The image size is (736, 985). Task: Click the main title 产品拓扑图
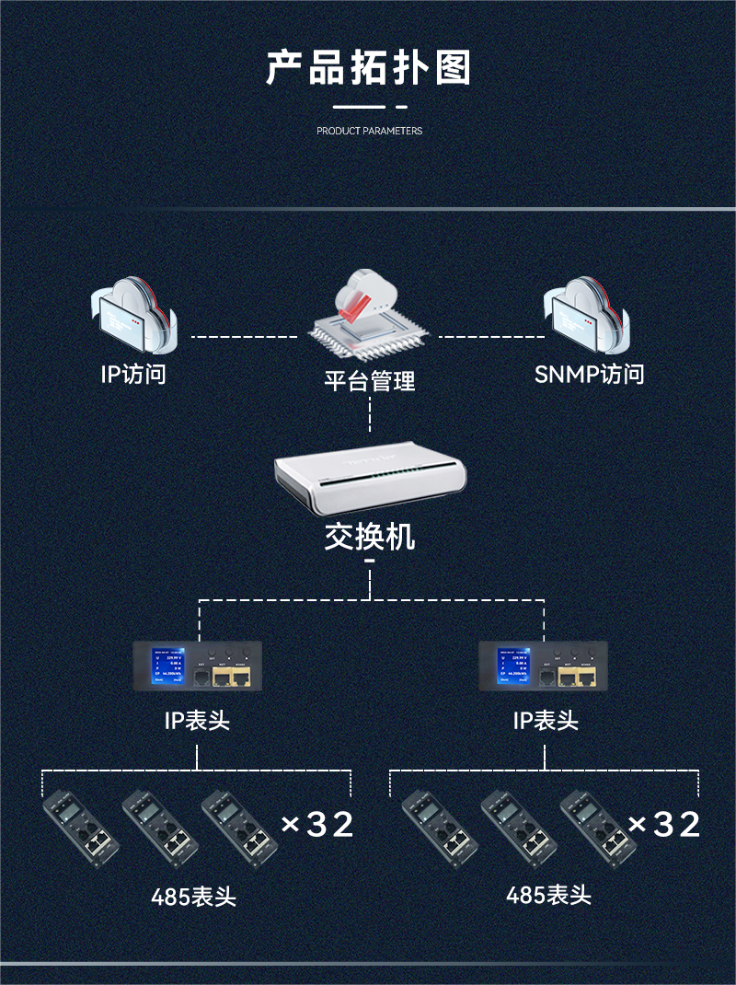368,69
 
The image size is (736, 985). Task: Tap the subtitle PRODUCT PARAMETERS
369,131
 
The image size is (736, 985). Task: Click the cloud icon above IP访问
133,316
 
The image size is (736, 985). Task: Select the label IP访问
133,375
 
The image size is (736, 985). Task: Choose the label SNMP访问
589,375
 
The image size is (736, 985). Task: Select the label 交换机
369,537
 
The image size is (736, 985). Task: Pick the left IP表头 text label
197,721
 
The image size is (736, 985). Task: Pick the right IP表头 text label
545,721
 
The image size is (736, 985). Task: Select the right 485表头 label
548,894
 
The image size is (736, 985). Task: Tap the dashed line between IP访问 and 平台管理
245,337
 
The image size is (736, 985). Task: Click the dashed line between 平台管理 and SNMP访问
488,337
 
